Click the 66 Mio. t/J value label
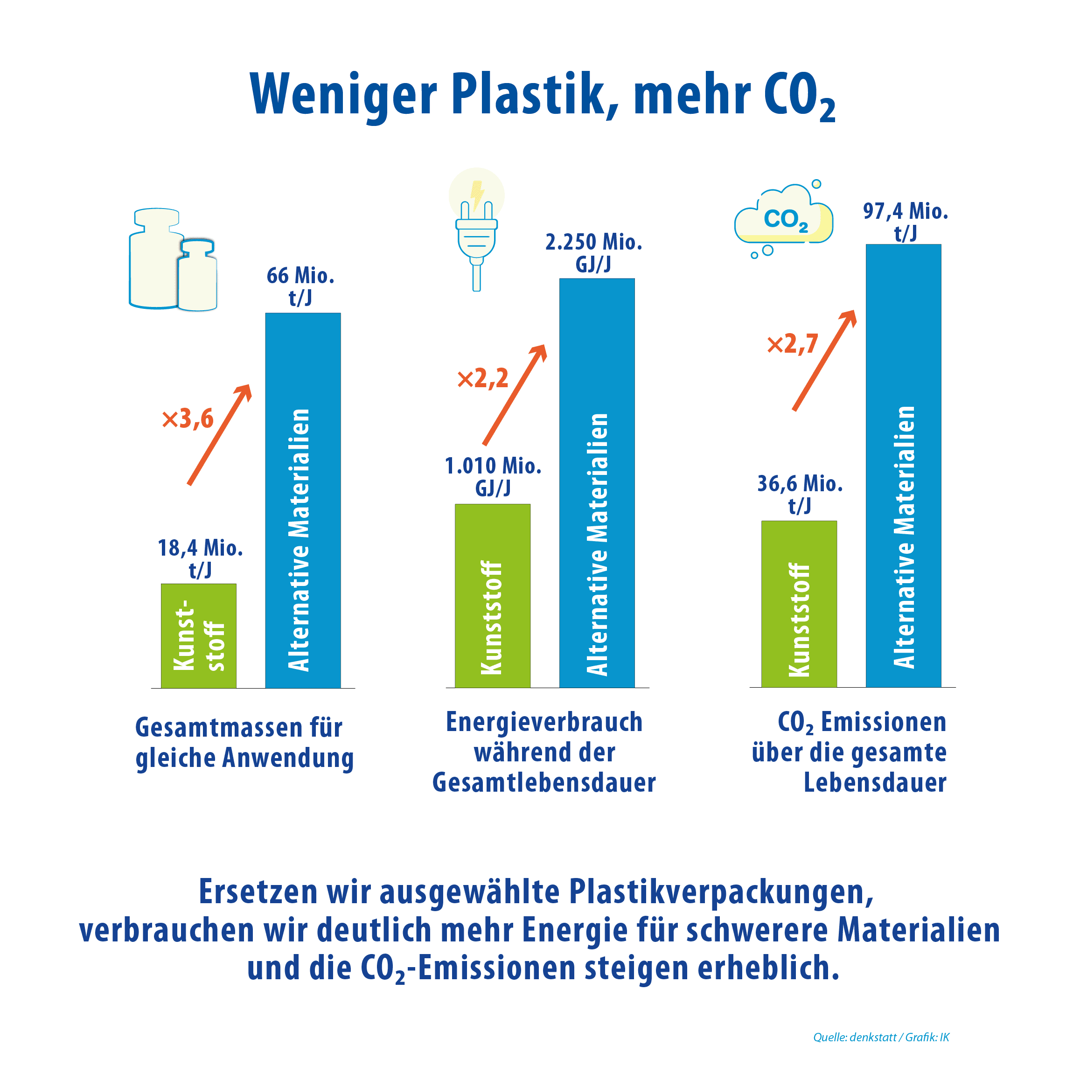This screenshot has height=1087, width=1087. (300, 286)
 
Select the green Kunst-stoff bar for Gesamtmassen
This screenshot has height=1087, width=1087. (199, 636)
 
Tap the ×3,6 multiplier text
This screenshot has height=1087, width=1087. (188, 418)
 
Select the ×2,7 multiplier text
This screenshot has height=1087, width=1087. (793, 344)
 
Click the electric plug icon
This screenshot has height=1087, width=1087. (476, 242)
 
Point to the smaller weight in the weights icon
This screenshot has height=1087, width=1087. (197, 276)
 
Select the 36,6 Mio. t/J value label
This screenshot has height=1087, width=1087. (800, 494)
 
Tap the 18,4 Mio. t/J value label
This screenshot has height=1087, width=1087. (200, 558)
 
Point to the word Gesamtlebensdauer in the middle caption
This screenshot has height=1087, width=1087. (544, 783)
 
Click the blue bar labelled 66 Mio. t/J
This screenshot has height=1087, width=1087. (303, 500)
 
